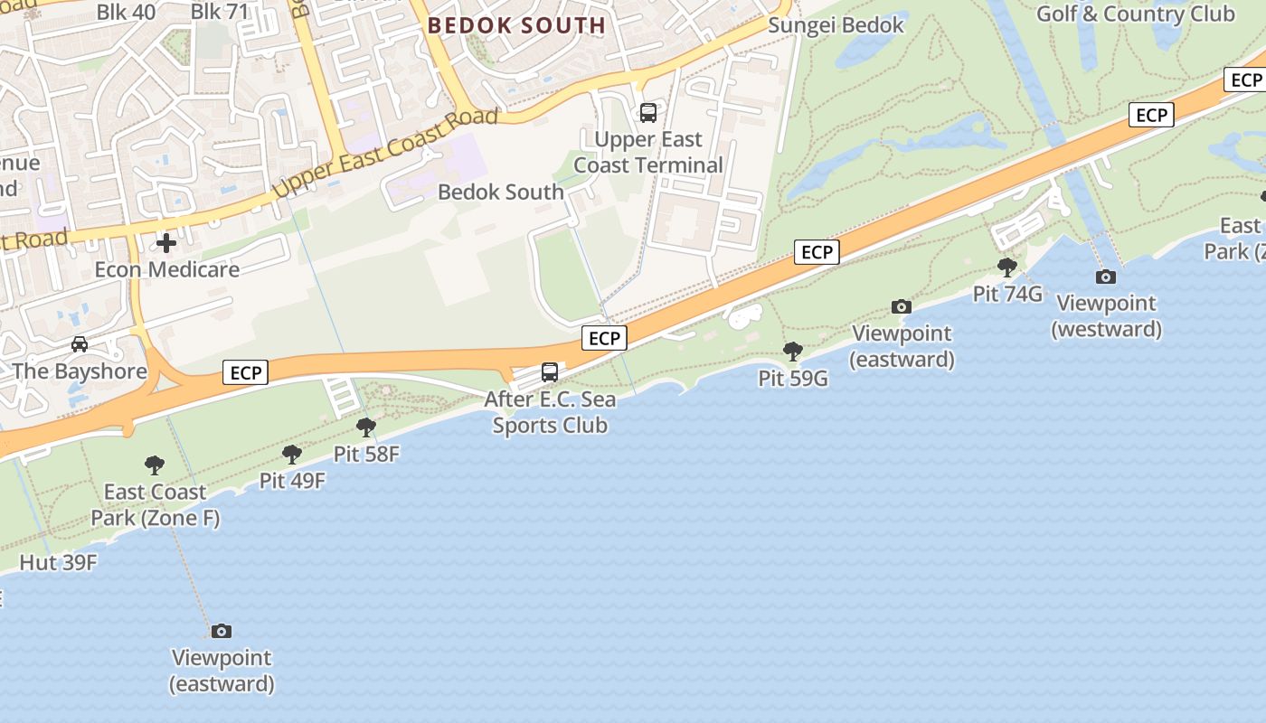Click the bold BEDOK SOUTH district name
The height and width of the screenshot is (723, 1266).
[516, 25]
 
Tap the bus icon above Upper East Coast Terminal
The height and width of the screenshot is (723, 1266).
[648, 113]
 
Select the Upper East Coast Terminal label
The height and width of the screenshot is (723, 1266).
[648, 153]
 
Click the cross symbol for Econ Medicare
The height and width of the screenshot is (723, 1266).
[166, 243]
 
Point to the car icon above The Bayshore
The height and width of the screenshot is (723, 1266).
[80, 344]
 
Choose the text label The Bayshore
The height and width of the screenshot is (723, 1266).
[80, 371]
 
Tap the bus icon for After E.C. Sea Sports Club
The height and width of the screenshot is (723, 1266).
[550, 371]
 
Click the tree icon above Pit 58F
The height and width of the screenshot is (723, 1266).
[366, 427]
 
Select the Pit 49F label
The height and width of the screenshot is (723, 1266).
[292, 481]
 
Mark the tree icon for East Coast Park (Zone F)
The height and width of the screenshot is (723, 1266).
[155, 465]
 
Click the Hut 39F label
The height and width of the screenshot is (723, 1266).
[58, 562]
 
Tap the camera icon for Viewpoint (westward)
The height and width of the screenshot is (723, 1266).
[1105, 277]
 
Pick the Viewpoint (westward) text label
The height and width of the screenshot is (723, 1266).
[1106, 316]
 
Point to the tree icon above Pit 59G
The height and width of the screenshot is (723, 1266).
[793, 351]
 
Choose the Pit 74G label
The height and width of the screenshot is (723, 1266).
[1007, 294]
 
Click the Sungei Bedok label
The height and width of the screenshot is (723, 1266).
[836, 25]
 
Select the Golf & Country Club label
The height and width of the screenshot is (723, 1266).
[1135, 14]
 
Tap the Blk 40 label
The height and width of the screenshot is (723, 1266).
[126, 13]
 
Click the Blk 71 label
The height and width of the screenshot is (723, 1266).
[220, 13]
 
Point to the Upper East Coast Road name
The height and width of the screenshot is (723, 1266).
[386, 154]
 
